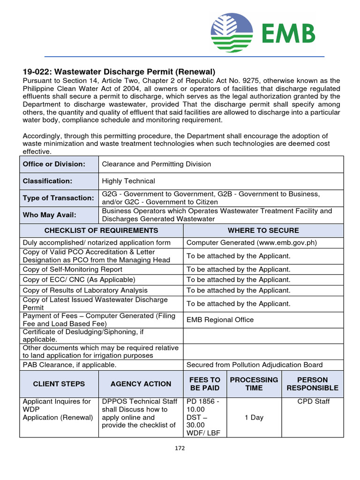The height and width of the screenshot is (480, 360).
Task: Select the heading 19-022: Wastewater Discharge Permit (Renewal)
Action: [x=119, y=72]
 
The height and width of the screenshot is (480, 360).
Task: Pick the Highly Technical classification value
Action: [x=128, y=181]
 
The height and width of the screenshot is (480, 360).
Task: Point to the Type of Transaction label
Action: [x=59, y=198]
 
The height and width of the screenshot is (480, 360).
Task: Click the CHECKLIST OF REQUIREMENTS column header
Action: [x=101, y=231]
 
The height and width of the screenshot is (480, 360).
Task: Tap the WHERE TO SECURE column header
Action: [x=263, y=231]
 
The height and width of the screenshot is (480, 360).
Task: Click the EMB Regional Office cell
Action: [x=220, y=320]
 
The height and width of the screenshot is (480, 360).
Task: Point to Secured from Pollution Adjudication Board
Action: [x=254, y=365]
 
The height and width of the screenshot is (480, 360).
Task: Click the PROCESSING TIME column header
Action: [x=254, y=384]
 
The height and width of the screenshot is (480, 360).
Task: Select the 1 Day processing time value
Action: [x=254, y=417]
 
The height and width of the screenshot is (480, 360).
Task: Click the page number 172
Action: [x=180, y=448]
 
